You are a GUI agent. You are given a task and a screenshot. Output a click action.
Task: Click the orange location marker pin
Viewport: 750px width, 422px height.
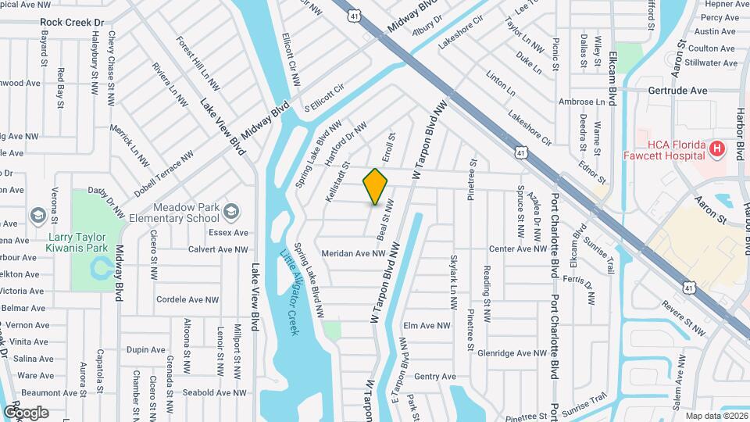[376, 186]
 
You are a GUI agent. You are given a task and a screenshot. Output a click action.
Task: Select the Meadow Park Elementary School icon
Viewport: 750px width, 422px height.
[231, 212]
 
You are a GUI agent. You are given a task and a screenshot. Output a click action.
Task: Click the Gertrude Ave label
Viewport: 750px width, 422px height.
[677, 91]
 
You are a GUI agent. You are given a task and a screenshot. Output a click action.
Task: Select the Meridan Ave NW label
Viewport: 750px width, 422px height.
[353, 253]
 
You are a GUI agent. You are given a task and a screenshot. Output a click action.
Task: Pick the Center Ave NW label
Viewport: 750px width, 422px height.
[518, 249]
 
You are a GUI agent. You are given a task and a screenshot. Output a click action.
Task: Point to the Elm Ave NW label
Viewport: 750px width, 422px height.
[427, 326]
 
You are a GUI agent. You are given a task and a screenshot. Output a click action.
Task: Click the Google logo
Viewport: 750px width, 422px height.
[27, 413]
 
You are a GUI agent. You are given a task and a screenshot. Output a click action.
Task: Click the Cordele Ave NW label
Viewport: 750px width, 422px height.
[188, 299]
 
